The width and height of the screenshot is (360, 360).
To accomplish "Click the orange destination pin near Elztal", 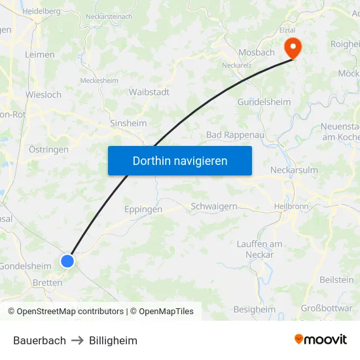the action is click(291, 48).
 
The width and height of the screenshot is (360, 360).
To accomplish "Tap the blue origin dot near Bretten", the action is click(67, 261).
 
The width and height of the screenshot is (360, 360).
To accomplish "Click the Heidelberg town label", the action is click(41, 11).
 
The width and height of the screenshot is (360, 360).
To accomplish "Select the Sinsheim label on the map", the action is click(128, 123).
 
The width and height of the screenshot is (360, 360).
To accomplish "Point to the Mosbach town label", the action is click(257, 52).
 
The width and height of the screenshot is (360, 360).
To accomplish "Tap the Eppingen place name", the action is click(143, 209).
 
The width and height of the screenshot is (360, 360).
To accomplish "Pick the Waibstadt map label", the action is click(149, 92).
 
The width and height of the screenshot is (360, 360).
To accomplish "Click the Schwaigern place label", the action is click(214, 206).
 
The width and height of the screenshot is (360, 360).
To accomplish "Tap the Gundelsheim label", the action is click(264, 102).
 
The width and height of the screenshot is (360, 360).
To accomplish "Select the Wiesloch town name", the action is click(43, 95).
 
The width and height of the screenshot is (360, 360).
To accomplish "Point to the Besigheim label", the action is click(255, 309).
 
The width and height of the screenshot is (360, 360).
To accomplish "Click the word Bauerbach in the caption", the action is click(39, 340).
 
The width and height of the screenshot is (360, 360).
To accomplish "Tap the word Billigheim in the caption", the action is click(113, 340).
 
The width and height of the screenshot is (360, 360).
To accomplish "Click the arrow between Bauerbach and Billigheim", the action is click(77, 340).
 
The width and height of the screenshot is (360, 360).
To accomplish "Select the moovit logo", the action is click(321, 339).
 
